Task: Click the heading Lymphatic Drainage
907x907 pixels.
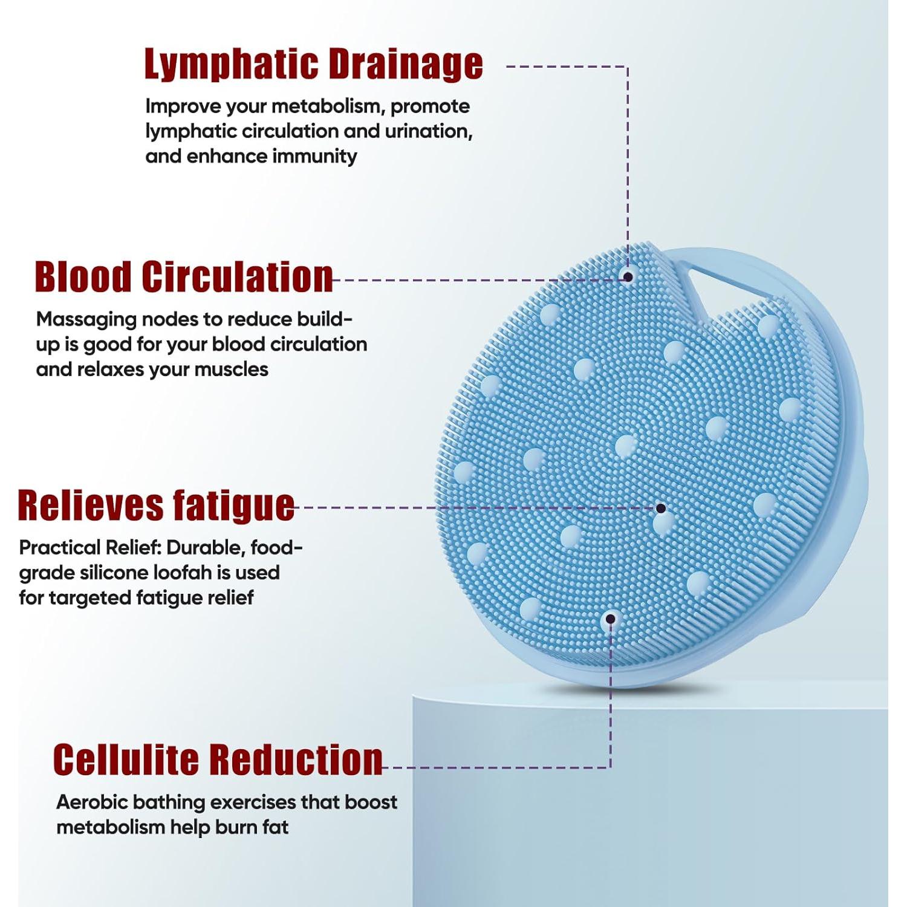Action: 313,64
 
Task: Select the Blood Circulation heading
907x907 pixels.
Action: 184,277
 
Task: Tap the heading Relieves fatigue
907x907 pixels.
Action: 156,506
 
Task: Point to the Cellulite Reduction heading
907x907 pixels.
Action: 218,759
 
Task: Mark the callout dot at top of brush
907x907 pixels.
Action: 628,276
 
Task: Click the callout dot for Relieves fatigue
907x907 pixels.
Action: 661,509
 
